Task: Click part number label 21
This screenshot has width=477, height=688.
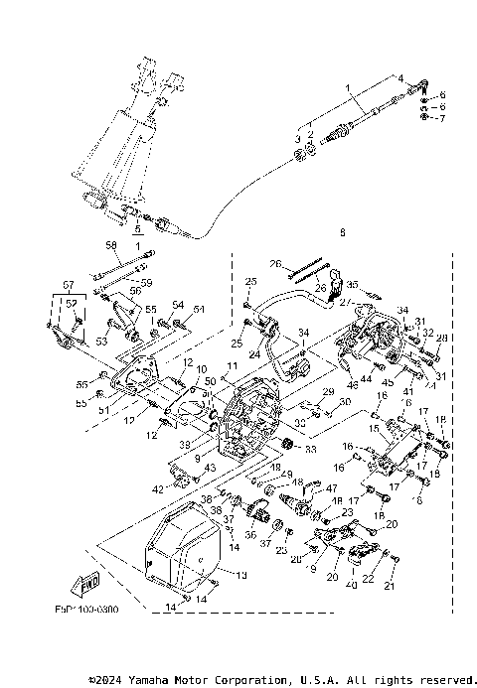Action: point(389,586)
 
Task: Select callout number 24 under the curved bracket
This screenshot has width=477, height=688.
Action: point(254,353)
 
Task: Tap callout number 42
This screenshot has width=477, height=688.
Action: point(158,489)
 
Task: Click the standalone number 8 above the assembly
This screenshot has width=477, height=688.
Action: point(314,234)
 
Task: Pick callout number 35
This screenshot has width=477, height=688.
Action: point(351,285)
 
